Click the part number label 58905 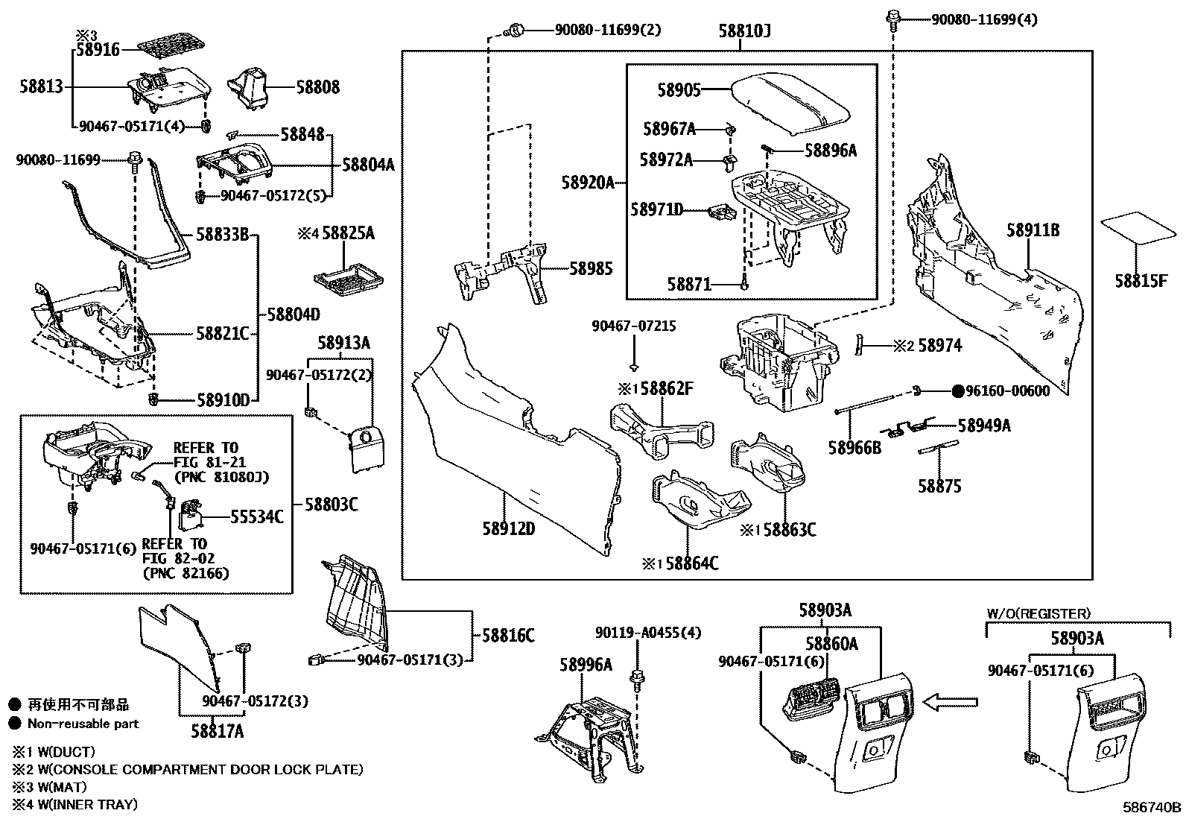pyautogui.click(x=679, y=90)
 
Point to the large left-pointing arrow pyautogui.click(x=950, y=701)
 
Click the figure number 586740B pyautogui.click(x=1152, y=807)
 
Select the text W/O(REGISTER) pyautogui.click(x=1038, y=613)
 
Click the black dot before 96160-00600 pyautogui.click(x=960, y=391)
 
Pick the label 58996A pyautogui.click(x=586, y=665)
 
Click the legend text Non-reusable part pyautogui.click(x=83, y=723)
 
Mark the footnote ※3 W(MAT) pyautogui.click(x=49, y=786)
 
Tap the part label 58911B pyautogui.click(x=1033, y=230)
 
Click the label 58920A pyautogui.click(x=588, y=182)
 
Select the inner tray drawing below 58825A pyautogui.click(x=349, y=277)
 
